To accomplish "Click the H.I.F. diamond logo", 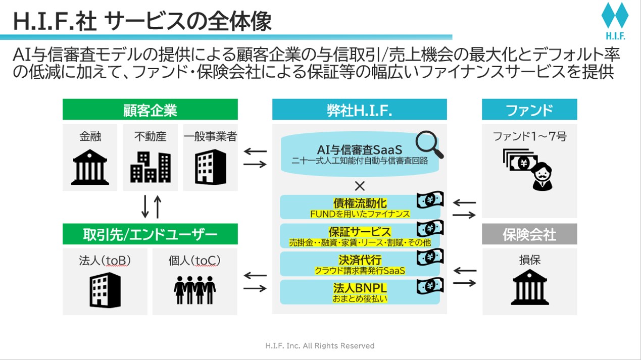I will [x=614, y=18].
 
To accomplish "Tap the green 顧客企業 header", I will [x=150, y=110].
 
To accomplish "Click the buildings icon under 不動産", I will [x=150, y=167].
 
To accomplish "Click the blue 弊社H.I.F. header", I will [x=359, y=110].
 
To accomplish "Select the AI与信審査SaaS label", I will [x=359, y=149].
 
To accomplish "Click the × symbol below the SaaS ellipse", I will [x=360, y=186].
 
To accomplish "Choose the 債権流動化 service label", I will [x=360, y=203].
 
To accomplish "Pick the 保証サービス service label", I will [x=360, y=232].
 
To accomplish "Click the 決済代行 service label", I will [x=360, y=260].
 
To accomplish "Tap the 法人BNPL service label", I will [x=360, y=288].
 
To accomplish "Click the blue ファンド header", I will [x=529, y=110].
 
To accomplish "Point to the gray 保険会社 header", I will [x=529, y=234].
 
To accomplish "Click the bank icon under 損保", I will [x=529, y=286].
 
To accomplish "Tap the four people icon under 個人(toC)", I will [x=194, y=289].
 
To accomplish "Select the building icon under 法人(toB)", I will [x=105, y=290].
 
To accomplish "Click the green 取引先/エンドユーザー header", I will [x=150, y=234].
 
